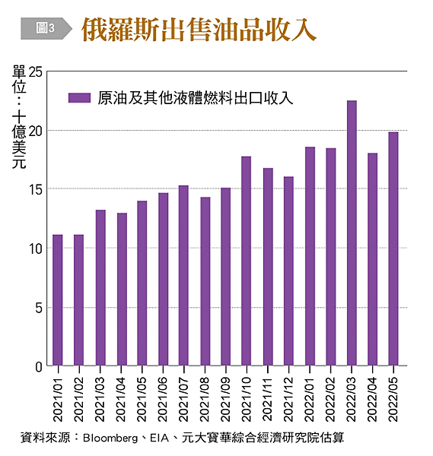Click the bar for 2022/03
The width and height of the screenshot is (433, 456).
pos(352,233)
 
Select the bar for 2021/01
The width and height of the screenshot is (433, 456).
pos(58,300)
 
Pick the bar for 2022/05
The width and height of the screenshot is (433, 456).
pos(393,249)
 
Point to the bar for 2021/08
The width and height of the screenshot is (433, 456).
pos(205,281)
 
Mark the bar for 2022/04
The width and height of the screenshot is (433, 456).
pos(373,259)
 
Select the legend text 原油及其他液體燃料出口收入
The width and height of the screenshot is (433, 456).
pos(195,97)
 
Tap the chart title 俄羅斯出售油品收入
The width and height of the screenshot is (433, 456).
pos(199,29)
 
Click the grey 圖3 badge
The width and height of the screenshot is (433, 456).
pos(44,29)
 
